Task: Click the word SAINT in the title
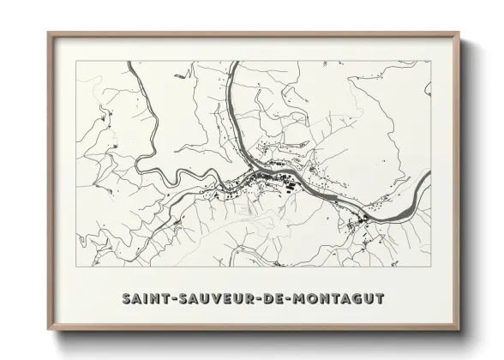pyautogui.click(x=146, y=298)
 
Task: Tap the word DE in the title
pyautogui.click(x=275, y=298)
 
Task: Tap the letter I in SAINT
pyautogui.click(x=146, y=298)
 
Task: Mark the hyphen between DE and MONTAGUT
pyautogui.click(x=290, y=299)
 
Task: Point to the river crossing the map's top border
pyautogui.click(x=229, y=63)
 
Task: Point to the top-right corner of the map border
pyautogui.click(x=430, y=62)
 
